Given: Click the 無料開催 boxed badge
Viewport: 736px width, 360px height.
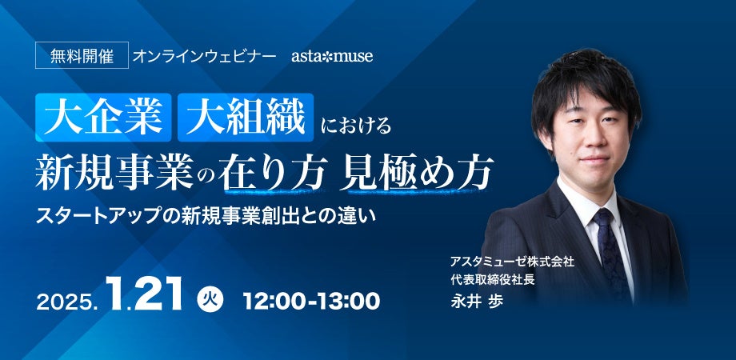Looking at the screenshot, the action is pos(82,55).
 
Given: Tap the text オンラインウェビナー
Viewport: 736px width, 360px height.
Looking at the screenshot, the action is pos(204,56).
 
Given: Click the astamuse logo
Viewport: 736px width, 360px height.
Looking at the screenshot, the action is pos(332,56).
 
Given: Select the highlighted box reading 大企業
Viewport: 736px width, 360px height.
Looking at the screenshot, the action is pos(103,118).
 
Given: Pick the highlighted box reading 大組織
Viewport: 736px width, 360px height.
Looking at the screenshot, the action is pos(246,118).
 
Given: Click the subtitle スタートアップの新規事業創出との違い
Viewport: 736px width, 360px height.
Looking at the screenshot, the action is pos(206,216).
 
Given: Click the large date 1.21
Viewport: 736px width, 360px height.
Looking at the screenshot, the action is pos(144,294).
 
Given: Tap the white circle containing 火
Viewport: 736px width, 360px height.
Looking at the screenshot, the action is pos(210,299).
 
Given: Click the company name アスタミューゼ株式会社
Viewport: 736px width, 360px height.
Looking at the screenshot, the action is pos(512,262).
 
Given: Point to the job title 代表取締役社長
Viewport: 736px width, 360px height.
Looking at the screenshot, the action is pos(492,280).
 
